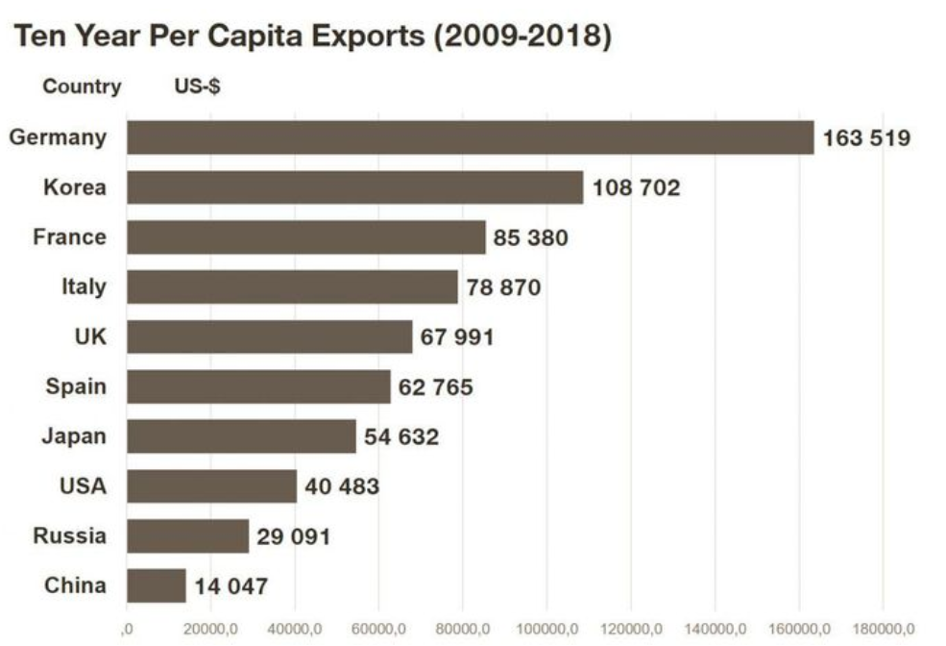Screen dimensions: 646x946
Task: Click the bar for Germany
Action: [x=471, y=137]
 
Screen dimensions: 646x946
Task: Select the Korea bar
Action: [x=355, y=187]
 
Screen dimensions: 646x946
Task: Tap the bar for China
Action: [x=157, y=585]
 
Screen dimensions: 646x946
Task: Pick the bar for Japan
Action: [x=241, y=436]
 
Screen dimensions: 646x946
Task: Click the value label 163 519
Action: [x=866, y=138]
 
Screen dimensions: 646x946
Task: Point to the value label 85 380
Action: [x=531, y=237]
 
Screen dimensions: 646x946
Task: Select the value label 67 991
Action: [x=457, y=337]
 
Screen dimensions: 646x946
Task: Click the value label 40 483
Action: [x=342, y=486]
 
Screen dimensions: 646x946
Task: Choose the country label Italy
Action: [x=84, y=286]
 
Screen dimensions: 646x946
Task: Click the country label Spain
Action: [x=76, y=386]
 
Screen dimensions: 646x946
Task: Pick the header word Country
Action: [x=82, y=87]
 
